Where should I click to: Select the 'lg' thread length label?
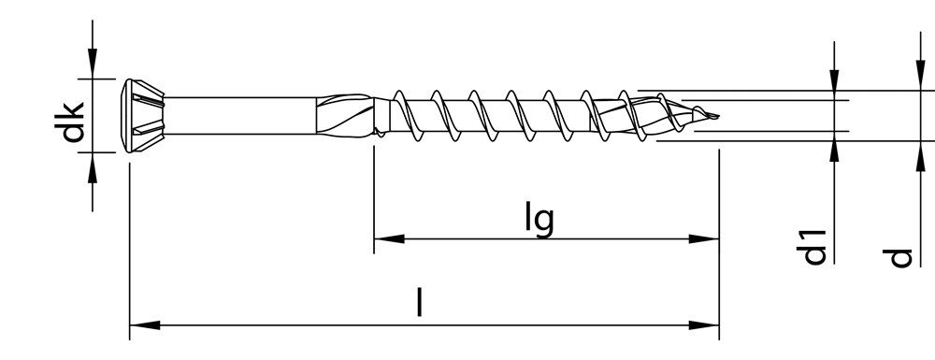[539, 219]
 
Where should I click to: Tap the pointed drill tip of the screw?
[711, 117]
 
